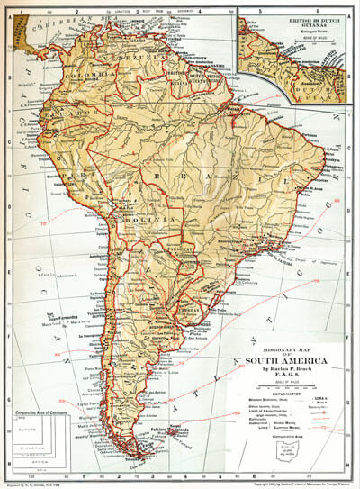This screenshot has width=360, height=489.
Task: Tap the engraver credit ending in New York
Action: point(45,484)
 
